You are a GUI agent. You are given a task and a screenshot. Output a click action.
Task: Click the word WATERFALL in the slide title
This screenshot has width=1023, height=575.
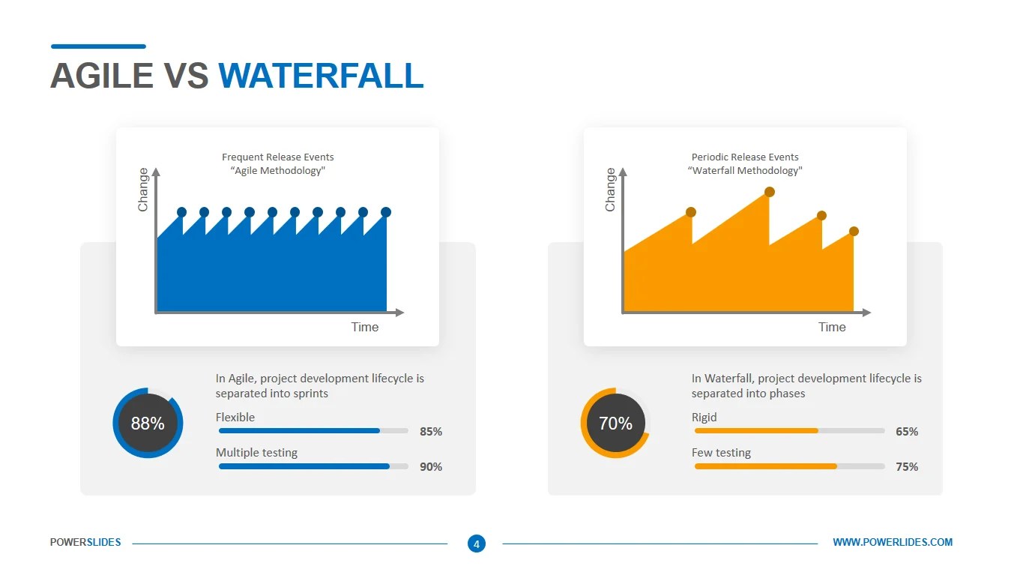[x=321, y=76]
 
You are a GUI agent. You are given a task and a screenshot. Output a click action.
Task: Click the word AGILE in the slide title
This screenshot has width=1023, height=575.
[x=103, y=76]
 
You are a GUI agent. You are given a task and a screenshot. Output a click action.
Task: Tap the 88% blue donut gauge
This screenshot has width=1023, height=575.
[x=148, y=424]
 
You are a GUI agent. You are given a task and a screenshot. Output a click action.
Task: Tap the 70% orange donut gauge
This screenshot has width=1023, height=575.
[x=615, y=424]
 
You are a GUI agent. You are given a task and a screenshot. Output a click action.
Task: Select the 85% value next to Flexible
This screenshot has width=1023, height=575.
[x=430, y=432]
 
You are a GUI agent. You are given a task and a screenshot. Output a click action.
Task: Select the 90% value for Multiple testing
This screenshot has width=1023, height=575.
[x=430, y=467]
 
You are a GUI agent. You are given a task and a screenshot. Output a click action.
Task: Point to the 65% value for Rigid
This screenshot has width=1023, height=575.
[x=906, y=432]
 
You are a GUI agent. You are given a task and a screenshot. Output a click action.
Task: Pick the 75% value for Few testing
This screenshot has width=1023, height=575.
[x=906, y=467]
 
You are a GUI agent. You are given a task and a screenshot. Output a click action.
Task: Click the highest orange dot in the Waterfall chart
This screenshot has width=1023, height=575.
[x=769, y=193]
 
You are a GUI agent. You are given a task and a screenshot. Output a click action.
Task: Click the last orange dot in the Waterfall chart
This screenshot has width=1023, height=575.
[x=854, y=232]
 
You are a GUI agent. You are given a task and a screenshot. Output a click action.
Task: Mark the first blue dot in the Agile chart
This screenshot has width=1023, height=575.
[x=181, y=212]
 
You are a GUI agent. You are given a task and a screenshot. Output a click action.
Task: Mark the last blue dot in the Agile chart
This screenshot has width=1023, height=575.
[x=386, y=212]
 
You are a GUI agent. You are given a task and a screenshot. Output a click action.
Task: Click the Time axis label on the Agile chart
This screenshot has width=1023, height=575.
[x=365, y=327]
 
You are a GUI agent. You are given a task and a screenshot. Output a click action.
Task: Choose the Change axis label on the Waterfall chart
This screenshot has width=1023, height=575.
[x=610, y=190]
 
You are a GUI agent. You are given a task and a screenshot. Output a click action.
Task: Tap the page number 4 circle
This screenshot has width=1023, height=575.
[x=476, y=544]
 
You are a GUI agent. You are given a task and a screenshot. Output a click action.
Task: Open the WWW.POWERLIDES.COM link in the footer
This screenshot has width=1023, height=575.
[x=893, y=542]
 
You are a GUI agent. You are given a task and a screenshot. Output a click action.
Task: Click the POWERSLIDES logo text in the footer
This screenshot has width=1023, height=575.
[x=85, y=542]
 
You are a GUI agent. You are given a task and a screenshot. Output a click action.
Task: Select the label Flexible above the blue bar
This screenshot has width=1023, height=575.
[x=235, y=418]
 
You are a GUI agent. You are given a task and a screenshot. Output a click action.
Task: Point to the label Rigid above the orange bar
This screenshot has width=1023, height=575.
[x=704, y=418]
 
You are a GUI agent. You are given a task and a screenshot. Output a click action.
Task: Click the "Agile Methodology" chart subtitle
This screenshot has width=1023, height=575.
[x=277, y=171]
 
